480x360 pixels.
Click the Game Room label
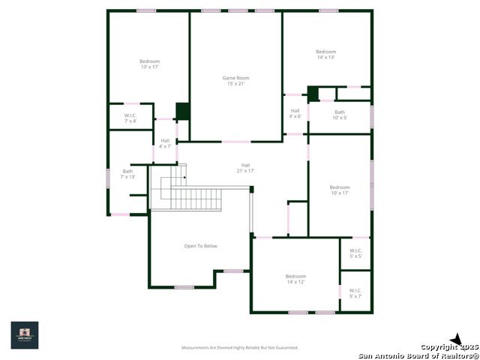click(x=235, y=80)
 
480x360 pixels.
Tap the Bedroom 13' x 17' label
click(x=149, y=64)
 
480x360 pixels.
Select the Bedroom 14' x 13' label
click(x=325, y=54)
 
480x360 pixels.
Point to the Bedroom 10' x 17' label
click(x=340, y=190)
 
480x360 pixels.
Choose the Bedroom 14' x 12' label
click(x=295, y=279)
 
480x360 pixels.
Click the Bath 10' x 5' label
click(x=340, y=115)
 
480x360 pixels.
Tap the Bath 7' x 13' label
click(x=127, y=173)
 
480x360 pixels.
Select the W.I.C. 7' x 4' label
click(x=130, y=118)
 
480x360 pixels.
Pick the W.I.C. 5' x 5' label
click(x=355, y=253)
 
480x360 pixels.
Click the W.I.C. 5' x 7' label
click(x=355, y=293)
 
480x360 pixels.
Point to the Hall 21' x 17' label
click(x=245, y=168)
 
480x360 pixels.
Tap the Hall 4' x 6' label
click(x=295, y=113)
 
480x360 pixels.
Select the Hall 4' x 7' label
click(x=165, y=143)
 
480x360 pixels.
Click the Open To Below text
click(x=201, y=246)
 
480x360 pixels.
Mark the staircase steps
click(x=196, y=199)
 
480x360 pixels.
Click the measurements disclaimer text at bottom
click(x=240, y=347)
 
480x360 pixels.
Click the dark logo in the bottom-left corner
click(x=24, y=335)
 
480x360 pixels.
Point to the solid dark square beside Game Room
click(x=182, y=111)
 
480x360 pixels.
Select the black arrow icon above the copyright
click(x=455, y=339)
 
